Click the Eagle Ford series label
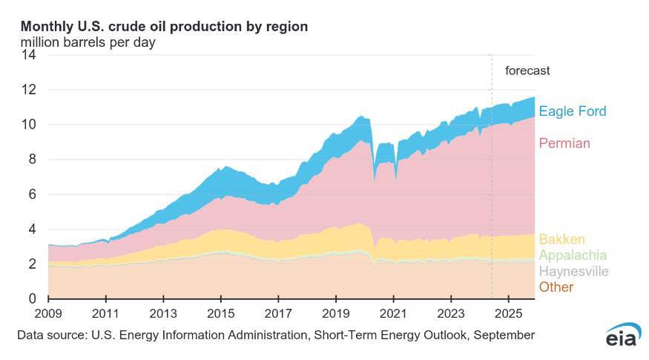coord(572,112)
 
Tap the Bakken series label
coord(561,240)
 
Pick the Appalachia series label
coord(573,255)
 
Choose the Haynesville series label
coord(573,272)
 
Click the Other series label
coord(556,287)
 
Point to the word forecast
coord(527,71)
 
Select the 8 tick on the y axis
coord(32,160)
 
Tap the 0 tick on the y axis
coord(32,299)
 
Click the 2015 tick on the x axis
coord(221,312)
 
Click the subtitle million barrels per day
coord(88,42)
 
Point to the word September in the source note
coord(503,336)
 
